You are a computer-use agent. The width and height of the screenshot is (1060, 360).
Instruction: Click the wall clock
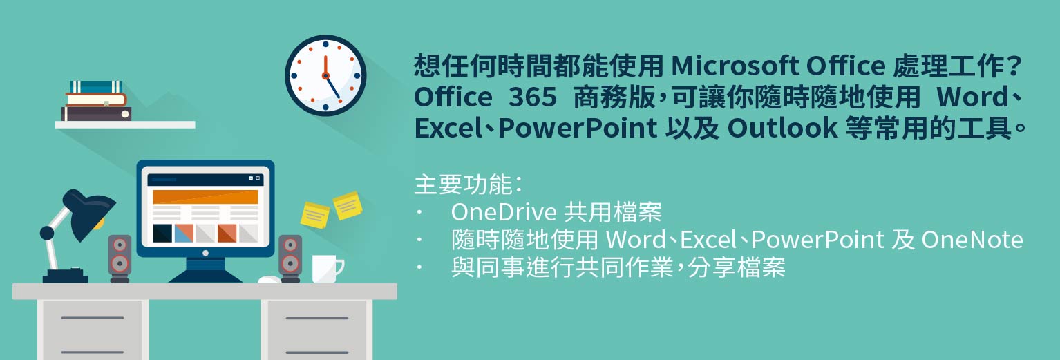[x=325, y=75]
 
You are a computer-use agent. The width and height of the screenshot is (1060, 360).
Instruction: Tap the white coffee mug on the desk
[x=328, y=269]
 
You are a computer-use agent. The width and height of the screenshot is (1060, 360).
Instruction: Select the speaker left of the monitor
[x=120, y=258]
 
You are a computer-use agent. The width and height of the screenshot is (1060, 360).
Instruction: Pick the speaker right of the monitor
[x=290, y=258]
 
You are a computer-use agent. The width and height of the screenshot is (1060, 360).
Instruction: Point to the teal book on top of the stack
[x=97, y=87]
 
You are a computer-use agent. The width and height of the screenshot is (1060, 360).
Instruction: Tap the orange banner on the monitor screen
[x=205, y=197]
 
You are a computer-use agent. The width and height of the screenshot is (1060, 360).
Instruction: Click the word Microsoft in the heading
[x=735, y=66]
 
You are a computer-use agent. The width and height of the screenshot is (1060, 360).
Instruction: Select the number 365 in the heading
[x=532, y=97]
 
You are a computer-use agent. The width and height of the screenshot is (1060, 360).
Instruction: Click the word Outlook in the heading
[x=783, y=129]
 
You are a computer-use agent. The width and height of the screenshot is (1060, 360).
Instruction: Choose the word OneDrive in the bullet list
[x=504, y=212]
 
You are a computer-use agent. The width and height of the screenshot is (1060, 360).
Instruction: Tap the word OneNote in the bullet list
[x=972, y=240]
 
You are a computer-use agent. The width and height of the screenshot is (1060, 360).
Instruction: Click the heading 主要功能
[x=463, y=184]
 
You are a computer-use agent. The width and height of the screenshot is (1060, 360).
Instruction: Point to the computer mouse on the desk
[x=269, y=280]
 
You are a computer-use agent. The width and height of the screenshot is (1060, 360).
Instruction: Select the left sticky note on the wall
[x=314, y=216]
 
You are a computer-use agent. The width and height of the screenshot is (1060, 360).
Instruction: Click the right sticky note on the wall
[x=348, y=205]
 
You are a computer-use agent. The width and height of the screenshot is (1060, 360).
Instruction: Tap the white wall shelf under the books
[x=125, y=125]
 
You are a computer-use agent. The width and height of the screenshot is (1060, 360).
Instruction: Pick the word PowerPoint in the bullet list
[x=817, y=240]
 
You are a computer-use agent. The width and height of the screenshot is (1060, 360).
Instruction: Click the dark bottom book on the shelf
[x=97, y=113]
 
